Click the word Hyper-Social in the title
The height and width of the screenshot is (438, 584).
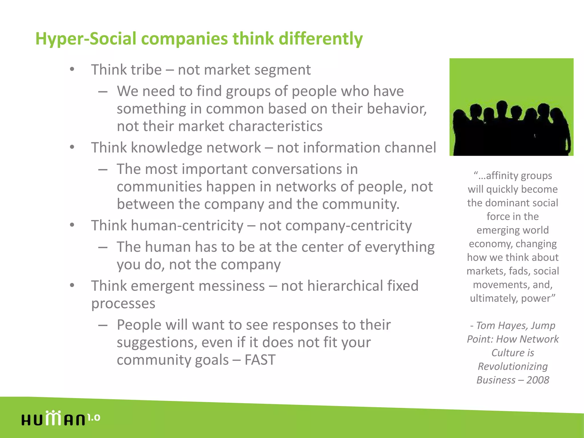[86, 39]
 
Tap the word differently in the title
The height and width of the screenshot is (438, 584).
[321, 39]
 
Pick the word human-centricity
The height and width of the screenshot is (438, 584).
[187, 226]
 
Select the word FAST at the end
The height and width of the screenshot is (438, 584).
[260, 360]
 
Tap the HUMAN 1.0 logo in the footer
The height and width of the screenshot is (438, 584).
[60, 419]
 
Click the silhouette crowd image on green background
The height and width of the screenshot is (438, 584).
[511, 107]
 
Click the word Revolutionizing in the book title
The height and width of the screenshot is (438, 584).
[512, 366]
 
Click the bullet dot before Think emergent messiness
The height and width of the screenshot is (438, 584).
[72, 285]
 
